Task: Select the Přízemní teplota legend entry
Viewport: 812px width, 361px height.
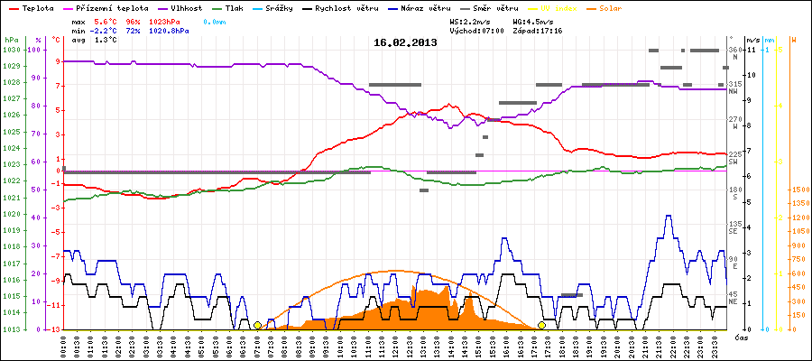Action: [x=112, y=7]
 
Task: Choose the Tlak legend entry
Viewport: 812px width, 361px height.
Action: [x=233, y=7]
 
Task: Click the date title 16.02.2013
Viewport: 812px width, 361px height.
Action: [x=406, y=42]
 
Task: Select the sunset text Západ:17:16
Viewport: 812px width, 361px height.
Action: [x=537, y=30]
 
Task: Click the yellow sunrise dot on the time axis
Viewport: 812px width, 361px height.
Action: [x=257, y=325]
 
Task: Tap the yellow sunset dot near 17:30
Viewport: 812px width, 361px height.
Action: [x=542, y=325]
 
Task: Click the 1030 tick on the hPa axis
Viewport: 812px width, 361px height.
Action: [x=11, y=50]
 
